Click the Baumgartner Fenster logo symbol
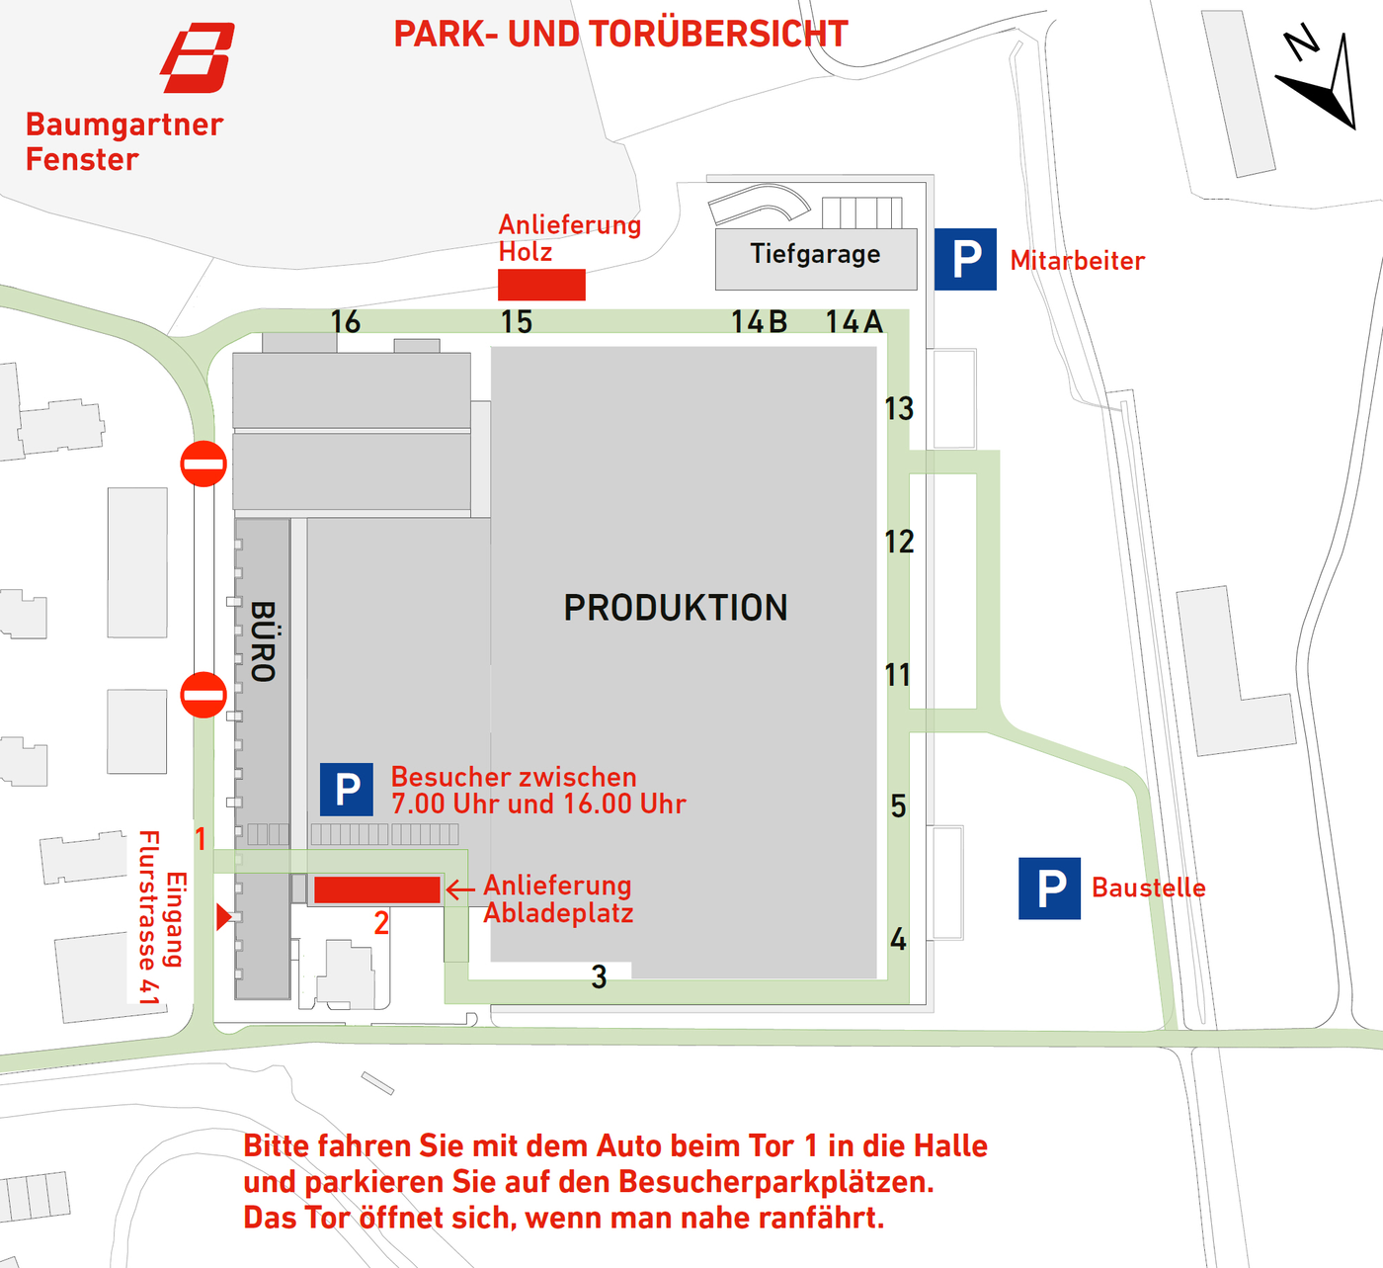point(198,57)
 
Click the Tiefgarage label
point(815,255)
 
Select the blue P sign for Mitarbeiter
point(965,259)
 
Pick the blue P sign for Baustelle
point(1049,888)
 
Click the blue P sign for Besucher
point(347,790)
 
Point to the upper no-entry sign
point(203,464)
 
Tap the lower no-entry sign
point(203,695)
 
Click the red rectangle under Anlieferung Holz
point(542,285)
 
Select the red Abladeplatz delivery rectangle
point(377,889)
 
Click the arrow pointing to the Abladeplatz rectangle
point(460,889)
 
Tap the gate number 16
point(346,322)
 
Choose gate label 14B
point(759,322)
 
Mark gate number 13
point(899,409)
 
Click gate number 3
point(599,977)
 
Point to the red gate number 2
point(381,923)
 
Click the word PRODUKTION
point(676,608)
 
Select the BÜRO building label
point(263,641)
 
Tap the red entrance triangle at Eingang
point(223,917)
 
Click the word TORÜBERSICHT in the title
point(678,34)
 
